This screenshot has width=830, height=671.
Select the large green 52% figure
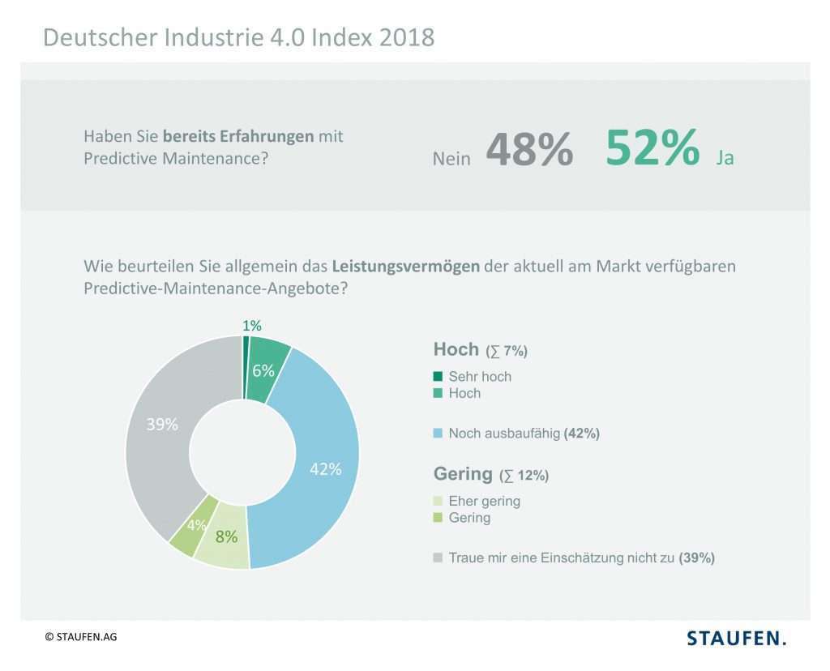click(652, 147)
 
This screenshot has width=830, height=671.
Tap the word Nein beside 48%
click(451, 159)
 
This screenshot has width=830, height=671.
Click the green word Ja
click(725, 158)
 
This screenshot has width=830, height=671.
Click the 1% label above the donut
click(252, 326)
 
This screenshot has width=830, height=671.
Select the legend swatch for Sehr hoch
click(439, 376)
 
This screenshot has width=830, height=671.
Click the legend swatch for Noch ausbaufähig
click(439, 434)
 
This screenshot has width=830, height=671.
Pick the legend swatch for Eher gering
click(439, 501)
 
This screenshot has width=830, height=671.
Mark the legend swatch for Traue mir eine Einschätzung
click(439, 558)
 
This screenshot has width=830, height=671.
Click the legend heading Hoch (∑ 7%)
click(480, 350)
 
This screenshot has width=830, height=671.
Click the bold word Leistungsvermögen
click(405, 266)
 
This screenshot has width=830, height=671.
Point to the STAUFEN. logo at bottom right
click(737, 638)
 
